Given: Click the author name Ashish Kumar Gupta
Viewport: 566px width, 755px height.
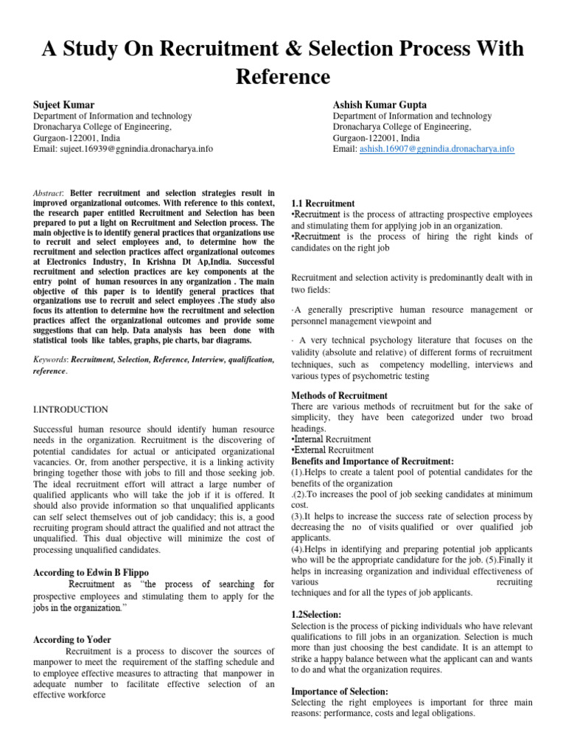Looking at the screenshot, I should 380,105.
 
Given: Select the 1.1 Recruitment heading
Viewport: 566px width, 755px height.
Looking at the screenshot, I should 323,203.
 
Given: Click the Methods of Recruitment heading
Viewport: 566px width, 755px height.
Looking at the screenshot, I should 339,396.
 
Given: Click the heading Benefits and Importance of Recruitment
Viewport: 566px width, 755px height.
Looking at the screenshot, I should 372,461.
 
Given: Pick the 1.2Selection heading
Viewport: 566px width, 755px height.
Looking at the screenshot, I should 316,614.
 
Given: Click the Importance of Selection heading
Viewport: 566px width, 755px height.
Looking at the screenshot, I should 339,692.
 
